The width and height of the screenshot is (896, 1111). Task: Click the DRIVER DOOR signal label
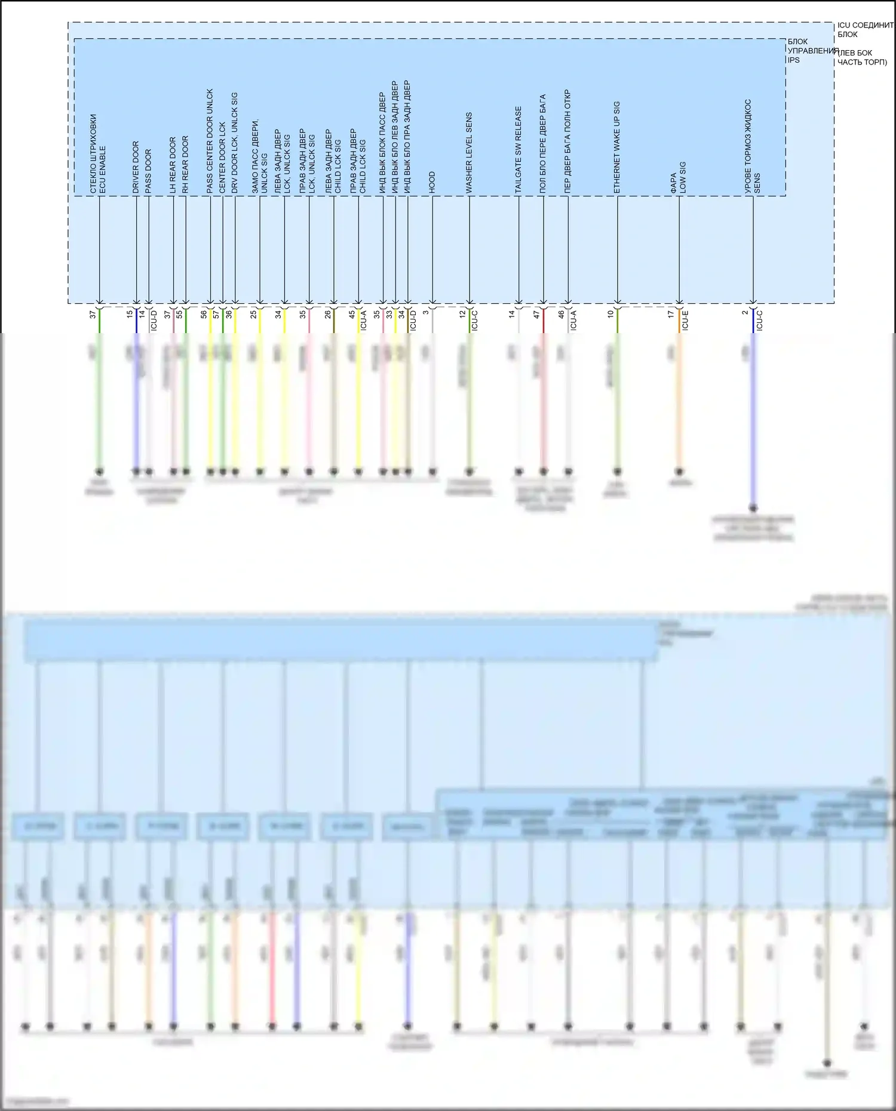point(136,167)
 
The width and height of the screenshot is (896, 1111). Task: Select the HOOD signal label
point(432,182)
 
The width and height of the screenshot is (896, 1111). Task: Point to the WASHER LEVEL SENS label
point(469,153)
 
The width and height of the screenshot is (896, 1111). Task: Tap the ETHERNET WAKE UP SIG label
point(617,147)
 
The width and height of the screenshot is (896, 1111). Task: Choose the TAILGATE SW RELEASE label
point(518,150)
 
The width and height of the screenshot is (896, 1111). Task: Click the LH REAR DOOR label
point(173,165)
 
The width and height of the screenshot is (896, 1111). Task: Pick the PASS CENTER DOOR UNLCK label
point(210,141)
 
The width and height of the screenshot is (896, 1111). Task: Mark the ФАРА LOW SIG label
point(678,177)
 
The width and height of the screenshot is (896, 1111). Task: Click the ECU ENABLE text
point(102,170)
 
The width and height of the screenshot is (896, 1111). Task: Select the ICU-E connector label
point(685,321)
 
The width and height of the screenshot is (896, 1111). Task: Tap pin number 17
point(671,313)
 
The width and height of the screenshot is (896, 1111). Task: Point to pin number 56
point(204,314)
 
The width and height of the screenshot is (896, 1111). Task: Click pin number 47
point(536,314)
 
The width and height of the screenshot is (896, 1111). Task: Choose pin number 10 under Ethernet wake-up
point(610,313)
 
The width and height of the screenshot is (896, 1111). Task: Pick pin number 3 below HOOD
point(426,312)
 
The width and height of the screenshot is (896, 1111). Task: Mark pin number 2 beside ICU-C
point(745,312)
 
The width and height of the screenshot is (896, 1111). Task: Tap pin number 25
point(253,314)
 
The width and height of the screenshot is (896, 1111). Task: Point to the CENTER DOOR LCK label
point(222,158)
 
